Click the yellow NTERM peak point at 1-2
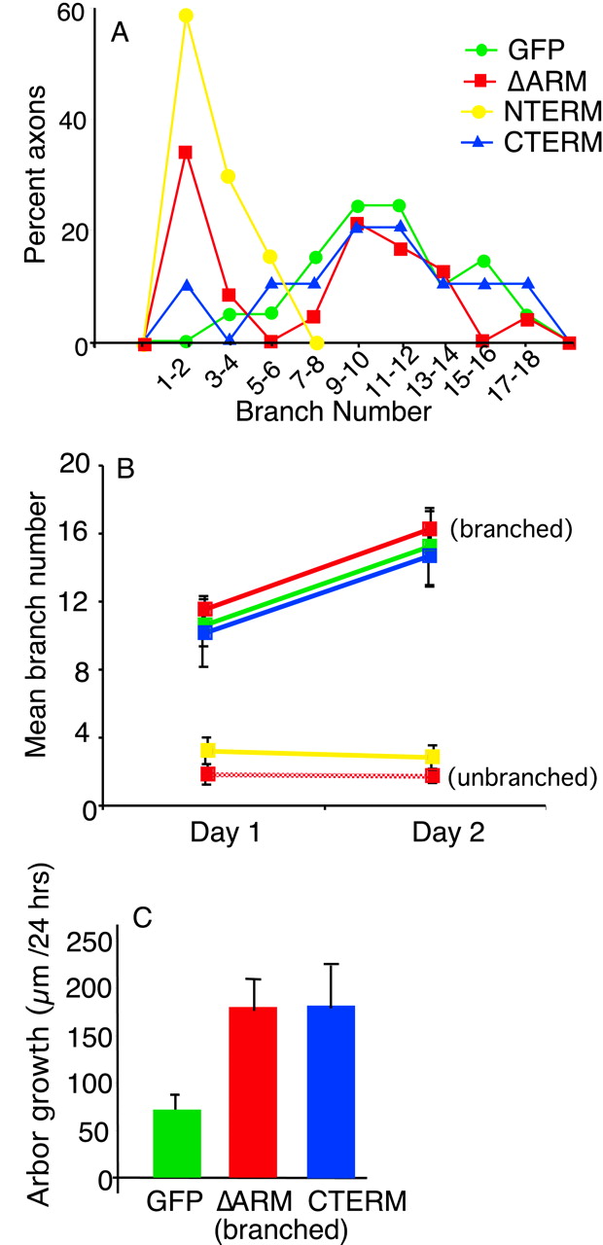(x=186, y=16)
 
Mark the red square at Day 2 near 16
(x=430, y=529)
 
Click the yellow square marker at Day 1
(x=206, y=751)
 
